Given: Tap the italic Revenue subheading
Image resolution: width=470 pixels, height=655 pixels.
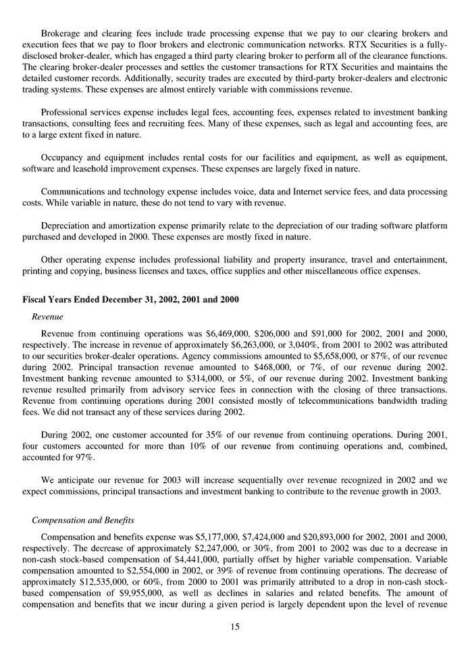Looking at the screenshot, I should (x=47, y=316).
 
